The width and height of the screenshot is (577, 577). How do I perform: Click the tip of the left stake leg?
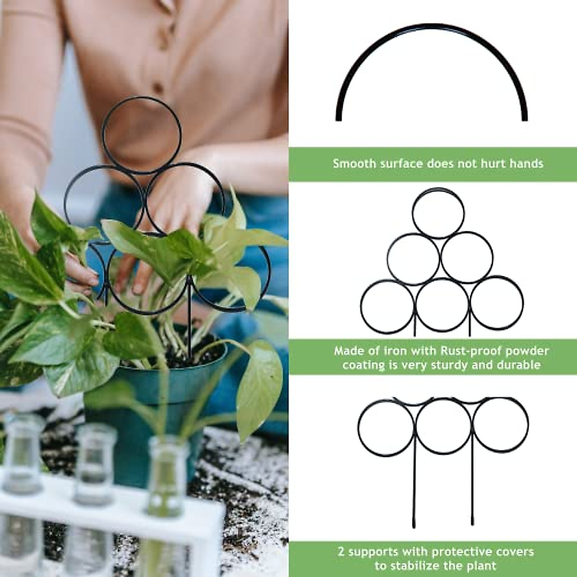tap(414, 525)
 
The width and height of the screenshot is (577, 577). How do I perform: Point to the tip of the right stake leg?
tap(473, 525)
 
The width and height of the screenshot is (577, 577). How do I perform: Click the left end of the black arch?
tap(339, 117)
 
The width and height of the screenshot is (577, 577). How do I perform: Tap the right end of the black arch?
tap(525, 117)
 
